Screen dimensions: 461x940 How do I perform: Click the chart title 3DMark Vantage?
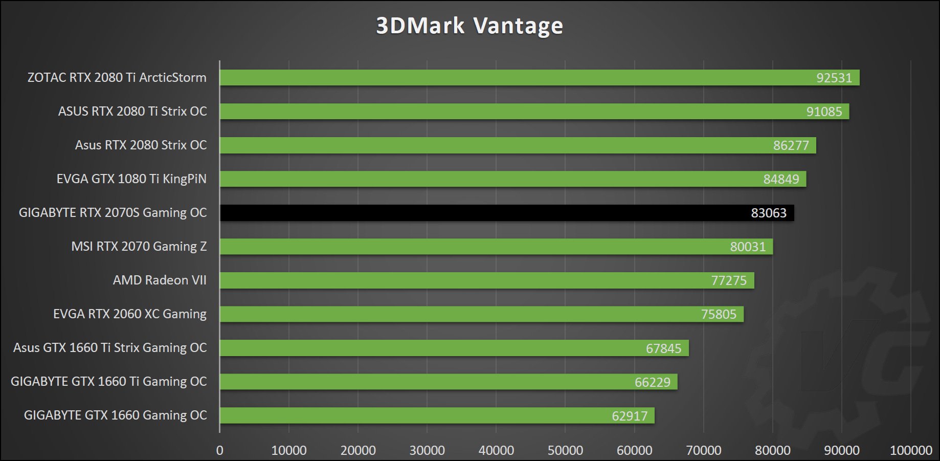coord(469,26)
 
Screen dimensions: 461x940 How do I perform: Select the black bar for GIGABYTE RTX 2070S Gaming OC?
coord(506,213)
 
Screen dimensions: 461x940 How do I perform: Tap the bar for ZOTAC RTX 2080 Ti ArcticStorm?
coord(540,78)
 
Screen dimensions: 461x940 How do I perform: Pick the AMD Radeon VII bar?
coord(486,280)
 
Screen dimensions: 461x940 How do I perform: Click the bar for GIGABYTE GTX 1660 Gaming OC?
coord(437,415)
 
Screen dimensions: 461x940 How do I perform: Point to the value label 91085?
coord(824,112)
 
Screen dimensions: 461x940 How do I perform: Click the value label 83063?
coord(768,213)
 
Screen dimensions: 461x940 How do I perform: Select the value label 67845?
coord(663,348)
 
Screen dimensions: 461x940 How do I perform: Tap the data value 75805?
coord(719,314)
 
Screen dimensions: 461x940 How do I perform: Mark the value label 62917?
coord(630,416)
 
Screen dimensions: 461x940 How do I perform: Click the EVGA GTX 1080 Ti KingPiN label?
coord(131,179)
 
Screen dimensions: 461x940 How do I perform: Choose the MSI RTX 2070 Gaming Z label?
coord(139,247)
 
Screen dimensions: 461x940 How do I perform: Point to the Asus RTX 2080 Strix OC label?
coord(141,145)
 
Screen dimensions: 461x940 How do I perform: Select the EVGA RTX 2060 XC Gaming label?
coord(130,314)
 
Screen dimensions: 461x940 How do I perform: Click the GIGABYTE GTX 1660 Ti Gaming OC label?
coord(108,382)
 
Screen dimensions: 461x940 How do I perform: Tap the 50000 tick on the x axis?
coord(565,450)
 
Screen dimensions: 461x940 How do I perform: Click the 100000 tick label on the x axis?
coord(911,450)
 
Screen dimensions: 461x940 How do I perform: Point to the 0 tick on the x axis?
coord(220,450)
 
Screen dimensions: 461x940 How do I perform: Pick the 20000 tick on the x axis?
coord(358,450)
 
